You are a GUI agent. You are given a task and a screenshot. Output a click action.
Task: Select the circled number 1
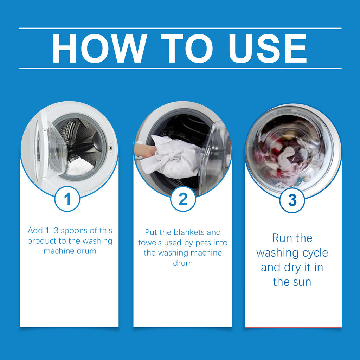click(67, 199)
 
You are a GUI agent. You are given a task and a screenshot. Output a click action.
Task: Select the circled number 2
click(183, 199)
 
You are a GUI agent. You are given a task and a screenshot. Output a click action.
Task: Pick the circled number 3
click(292, 200)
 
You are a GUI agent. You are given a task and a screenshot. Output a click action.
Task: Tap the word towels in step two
click(150, 243)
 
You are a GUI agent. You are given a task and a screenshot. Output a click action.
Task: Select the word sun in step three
click(301, 282)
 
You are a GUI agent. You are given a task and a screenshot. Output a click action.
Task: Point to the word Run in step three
click(282, 238)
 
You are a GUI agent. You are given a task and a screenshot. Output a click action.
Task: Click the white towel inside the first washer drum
click(80, 167)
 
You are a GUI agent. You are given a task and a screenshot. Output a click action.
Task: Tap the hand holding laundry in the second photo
click(145, 150)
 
